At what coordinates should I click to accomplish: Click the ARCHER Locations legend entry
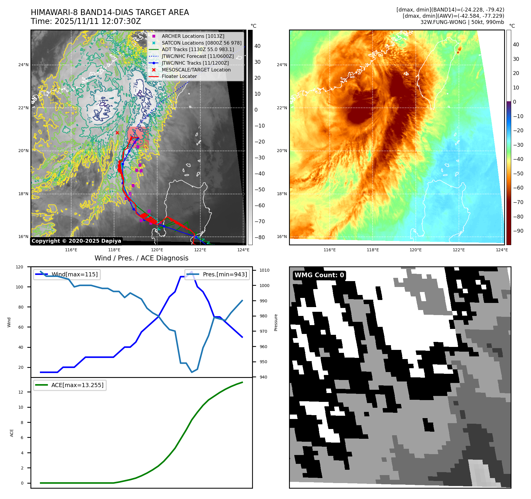pyautogui.click(x=193, y=36)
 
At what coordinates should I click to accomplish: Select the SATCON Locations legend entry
pyautogui.click(x=201, y=43)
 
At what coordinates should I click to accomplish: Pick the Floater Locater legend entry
pyautogui.click(x=179, y=76)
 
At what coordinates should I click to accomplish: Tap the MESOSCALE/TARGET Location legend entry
pyautogui.click(x=196, y=70)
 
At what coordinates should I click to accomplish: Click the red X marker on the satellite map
pyautogui.click(x=117, y=133)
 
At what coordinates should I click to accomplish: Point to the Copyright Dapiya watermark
pyautogui.click(x=76, y=241)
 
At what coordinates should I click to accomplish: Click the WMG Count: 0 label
pyautogui.click(x=319, y=275)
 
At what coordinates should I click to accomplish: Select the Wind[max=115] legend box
pyautogui.click(x=67, y=274)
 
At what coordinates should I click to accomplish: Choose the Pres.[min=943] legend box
pyautogui.click(x=217, y=274)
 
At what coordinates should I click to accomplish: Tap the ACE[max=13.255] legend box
pyautogui.click(x=70, y=385)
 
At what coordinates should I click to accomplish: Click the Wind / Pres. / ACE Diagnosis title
pyautogui.click(x=141, y=258)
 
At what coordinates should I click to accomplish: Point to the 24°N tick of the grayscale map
pyautogui.click(x=23, y=65)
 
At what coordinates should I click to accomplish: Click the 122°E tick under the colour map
pyautogui.click(x=459, y=250)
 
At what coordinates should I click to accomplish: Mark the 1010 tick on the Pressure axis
pyautogui.click(x=264, y=270)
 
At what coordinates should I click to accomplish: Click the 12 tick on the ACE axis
pyautogui.click(x=21, y=392)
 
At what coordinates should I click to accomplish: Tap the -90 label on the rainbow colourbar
pyautogui.click(x=518, y=231)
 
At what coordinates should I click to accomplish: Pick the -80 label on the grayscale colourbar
pyautogui.click(x=260, y=237)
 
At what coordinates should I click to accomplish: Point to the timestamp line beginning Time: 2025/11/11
pyautogui.click(x=86, y=21)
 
